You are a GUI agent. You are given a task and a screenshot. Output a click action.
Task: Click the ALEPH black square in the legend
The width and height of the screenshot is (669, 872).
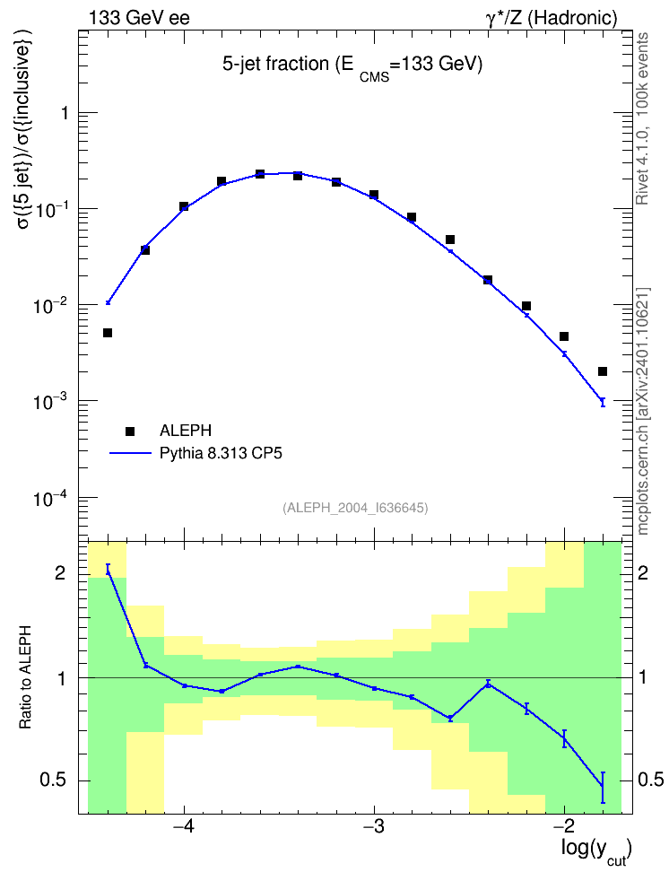(x=130, y=431)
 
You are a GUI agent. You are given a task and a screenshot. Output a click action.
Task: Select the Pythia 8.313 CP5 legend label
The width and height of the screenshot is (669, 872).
(x=221, y=454)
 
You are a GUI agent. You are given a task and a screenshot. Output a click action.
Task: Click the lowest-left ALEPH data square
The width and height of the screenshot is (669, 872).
(x=108, y=333)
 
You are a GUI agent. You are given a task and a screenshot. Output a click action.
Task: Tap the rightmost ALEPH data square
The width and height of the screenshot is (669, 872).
(x=603, y=371)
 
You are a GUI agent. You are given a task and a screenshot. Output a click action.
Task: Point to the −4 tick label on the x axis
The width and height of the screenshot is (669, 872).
(x=184, y=826)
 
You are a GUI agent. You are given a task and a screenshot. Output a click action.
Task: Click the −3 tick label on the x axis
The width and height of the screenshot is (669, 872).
(x=374, y=826)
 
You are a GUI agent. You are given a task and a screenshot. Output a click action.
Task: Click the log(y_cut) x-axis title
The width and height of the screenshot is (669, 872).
(x=596, y=851)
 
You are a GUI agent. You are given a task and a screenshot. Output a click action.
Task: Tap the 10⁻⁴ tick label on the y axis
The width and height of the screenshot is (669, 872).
(x=49, y=499)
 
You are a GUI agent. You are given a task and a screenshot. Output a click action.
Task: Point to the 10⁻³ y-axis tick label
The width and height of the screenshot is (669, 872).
(x=49, y=402)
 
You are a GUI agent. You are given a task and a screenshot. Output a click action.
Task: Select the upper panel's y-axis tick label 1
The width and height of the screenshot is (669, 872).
(x=65, y=113)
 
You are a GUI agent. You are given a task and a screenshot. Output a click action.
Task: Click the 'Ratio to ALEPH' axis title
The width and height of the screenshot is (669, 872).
(x=25, y=677)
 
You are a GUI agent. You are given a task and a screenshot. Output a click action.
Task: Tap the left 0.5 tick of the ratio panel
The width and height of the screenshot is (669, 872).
(x=54, y=780)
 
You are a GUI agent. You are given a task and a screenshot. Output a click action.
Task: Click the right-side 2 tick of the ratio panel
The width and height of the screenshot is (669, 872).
(x=643, y=572)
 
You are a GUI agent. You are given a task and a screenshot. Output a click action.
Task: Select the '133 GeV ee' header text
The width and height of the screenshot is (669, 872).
(x=139, y=18)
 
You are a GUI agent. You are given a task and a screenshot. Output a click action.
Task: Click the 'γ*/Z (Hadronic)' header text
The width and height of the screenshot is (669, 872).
(x=552, y=18)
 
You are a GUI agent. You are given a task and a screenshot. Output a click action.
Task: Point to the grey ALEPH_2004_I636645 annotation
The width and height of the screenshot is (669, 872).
(x=355, y=508)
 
